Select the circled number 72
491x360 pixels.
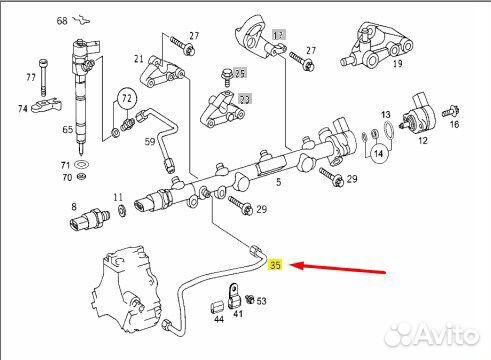tap(126, 100)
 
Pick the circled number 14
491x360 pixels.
tap(378, 153)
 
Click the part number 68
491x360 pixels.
tap(62, 20)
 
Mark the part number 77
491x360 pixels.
tap(30, 77)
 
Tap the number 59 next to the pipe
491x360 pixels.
tap(150, 143)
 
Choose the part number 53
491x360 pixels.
tap(261, 300)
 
